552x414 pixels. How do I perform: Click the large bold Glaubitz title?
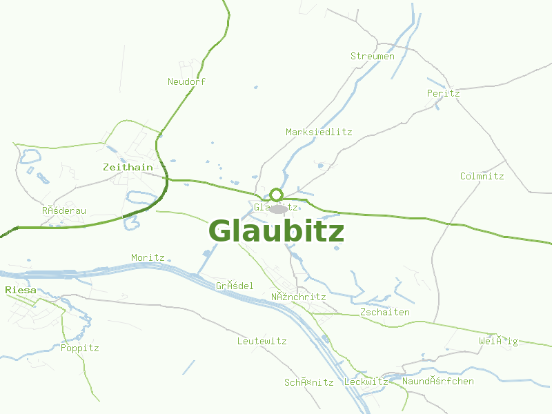click(x=276, y=231)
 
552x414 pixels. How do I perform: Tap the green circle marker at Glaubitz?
click(x=277, y=195)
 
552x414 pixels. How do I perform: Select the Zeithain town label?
click(x=128, y=167)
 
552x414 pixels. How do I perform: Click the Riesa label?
click(x=20, y=290)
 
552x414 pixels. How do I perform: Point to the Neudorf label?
click(x=186, y=81)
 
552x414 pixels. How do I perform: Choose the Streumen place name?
click(x=373, y=56)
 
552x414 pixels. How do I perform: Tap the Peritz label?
click(x=443, y=93)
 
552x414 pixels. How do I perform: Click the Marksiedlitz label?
click(x=319, y=132)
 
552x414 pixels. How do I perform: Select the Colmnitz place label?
click(x=482, y=176)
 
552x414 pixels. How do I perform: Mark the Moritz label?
click(x=148, y=257)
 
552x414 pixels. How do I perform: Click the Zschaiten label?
click(x=385, y=312)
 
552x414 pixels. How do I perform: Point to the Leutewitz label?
click(x=262, y=341)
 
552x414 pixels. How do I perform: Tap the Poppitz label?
click(x=79, y=348)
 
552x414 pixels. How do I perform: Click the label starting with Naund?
click(x=438, y=381)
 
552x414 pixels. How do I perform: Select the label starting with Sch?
click(x=308, y=382)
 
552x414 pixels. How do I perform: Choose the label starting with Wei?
click(x=498, y=341)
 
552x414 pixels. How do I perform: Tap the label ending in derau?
click(x=63, y=210)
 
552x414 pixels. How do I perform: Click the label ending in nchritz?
click(x=298, y=297)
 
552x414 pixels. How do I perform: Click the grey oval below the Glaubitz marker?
click(x=279, y=208)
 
